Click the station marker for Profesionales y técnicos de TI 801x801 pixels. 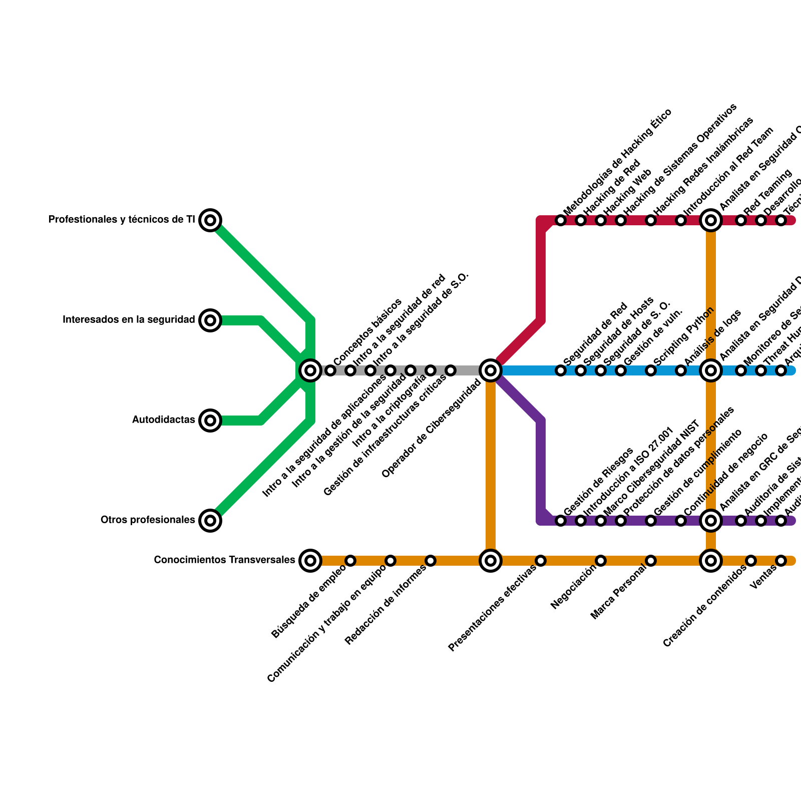210,220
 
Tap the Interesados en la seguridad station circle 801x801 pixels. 210,320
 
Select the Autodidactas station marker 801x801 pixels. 210,421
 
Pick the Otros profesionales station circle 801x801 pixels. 210,521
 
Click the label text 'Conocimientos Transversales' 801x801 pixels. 224,560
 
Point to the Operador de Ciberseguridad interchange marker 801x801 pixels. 491,370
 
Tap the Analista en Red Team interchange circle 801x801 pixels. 711,220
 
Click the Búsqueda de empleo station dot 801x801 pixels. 350,561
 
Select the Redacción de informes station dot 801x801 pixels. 431,561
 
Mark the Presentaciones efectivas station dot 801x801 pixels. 541,561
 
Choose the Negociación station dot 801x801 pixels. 601,561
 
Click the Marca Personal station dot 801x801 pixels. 651,561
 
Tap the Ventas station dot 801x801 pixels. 781,561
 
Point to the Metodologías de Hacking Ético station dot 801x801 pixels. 561,220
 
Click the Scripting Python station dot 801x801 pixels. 651,370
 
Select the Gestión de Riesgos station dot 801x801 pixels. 561,521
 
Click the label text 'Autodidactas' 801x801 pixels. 163,420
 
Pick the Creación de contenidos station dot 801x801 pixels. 751,561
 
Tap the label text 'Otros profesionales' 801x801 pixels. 148,520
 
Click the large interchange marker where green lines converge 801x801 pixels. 310,370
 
